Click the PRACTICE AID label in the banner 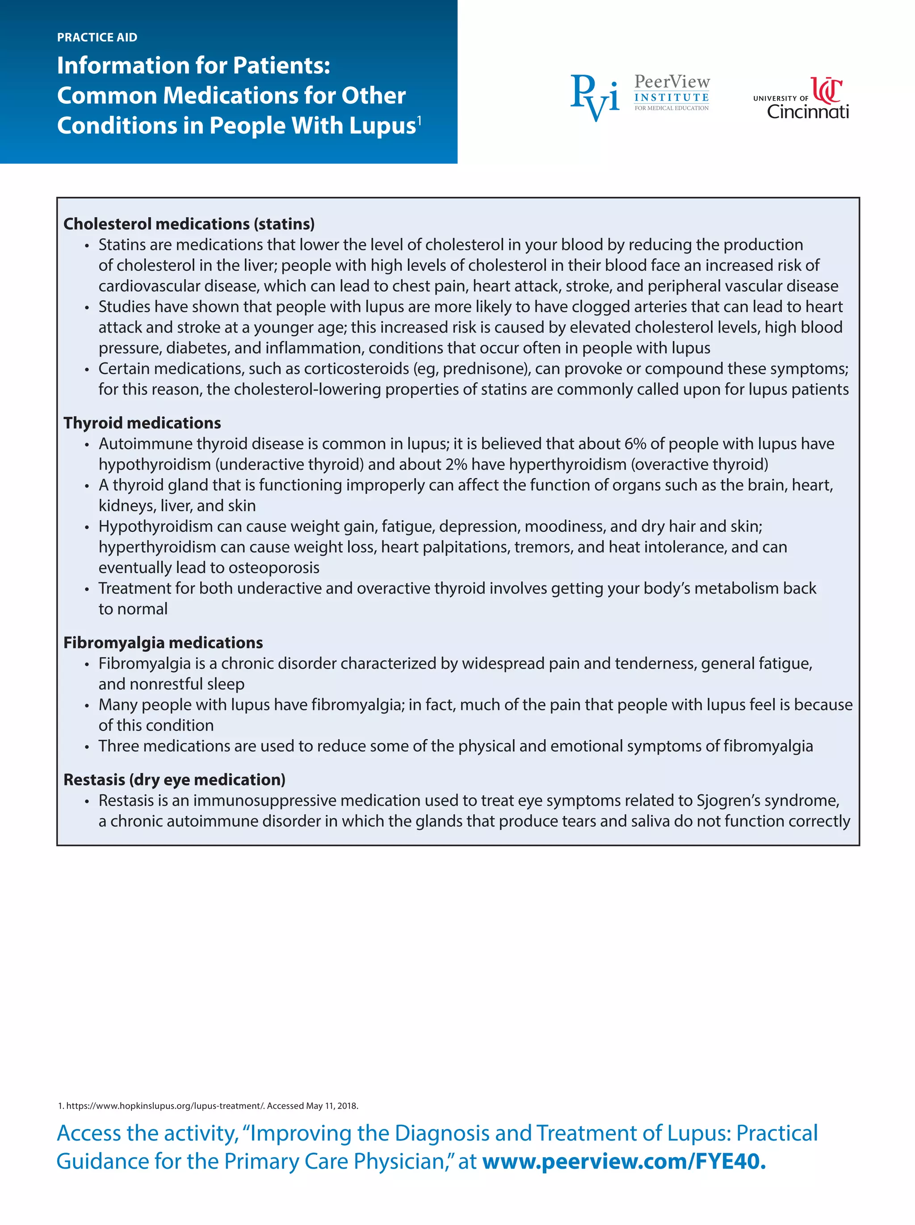click(97, 37)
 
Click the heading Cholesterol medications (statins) click(189, 224)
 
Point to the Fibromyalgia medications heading click(163, 642)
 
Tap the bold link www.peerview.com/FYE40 click(624, 1161)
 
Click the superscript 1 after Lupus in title click(419, 120)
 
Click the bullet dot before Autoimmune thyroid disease click(86, 445)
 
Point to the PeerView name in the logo click(672, 82)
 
